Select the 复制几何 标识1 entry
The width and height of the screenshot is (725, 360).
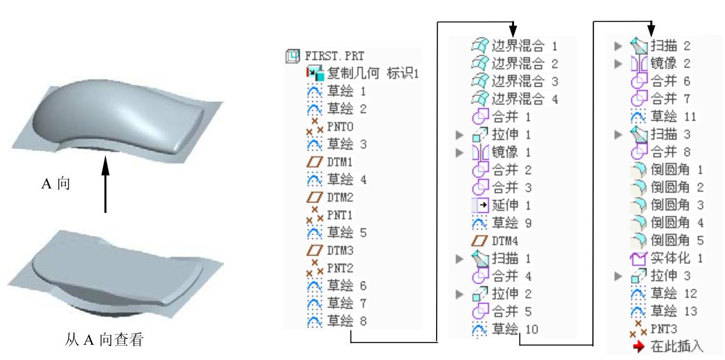(x=372, y=74)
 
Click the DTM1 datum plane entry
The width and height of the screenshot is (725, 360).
(x=339, y=162)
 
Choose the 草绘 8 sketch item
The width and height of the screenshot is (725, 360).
(x=346, y=322)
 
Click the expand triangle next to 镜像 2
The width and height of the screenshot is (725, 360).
(x=618, y=64)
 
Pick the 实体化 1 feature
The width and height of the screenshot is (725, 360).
(x=676, y=258)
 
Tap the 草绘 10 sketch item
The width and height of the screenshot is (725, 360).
(x=515, y=329)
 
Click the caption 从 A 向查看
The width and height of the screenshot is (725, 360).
(x=104, y=340)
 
